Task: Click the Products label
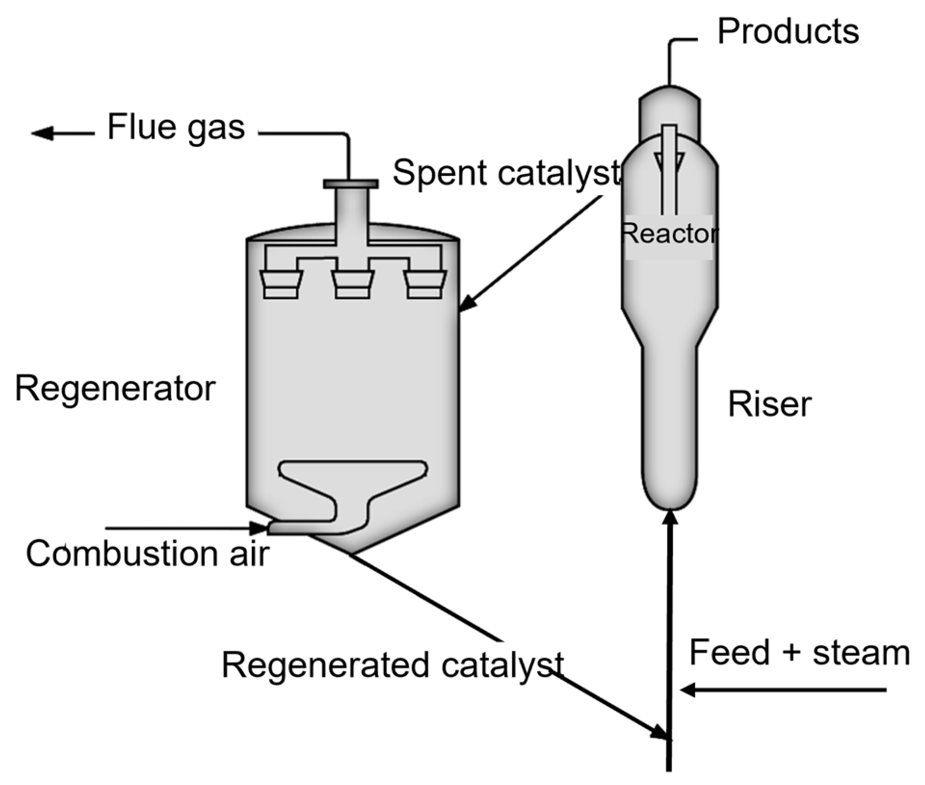coord(788,32)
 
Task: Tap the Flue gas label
coord(176,128)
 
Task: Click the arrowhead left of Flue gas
coord(42,133)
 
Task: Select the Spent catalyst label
coord(506,173)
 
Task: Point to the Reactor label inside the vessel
coord(669,235)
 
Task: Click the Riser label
coord(769,404)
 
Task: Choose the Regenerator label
coord(115,389)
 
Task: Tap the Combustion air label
coord(147,554)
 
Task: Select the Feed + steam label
coord(799,653)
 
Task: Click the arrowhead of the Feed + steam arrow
coord(687,690)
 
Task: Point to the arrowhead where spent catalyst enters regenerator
coord(467,304)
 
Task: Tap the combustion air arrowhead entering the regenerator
coord(258,528)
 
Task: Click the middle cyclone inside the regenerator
coord(353,285)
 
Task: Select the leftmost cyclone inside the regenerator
coord(281,285)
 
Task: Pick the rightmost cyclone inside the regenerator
coord(424,285)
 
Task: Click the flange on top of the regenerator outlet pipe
coord(351,184)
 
